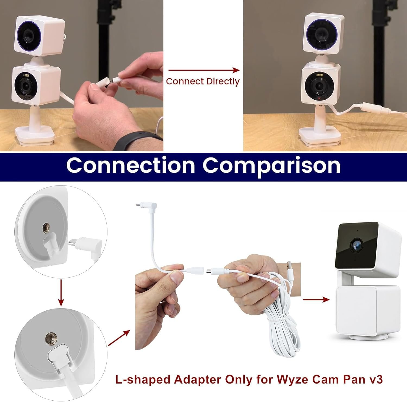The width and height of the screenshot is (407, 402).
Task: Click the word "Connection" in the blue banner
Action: (x=131, y=165)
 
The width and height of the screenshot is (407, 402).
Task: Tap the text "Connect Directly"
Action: (x=203, y=81)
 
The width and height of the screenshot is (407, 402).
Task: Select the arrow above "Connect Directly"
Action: (x=204, y=70)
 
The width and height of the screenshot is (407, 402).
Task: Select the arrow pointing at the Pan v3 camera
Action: (x=316, y=300)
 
